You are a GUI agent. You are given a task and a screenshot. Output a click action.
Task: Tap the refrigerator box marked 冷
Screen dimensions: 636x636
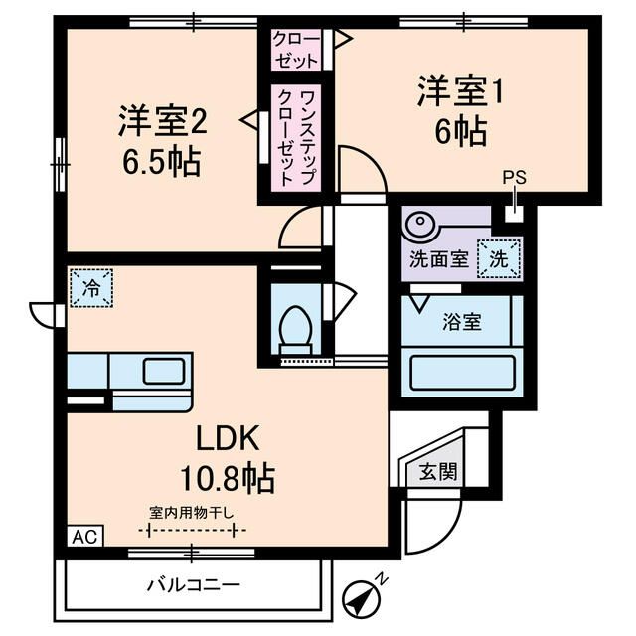pos(90,289)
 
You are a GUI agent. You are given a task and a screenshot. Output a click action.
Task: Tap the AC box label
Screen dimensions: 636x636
pos(83,537)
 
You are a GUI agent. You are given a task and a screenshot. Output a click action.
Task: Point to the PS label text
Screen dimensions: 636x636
pos(513,178)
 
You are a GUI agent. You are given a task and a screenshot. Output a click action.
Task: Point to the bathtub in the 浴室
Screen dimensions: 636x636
pos(460,374)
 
